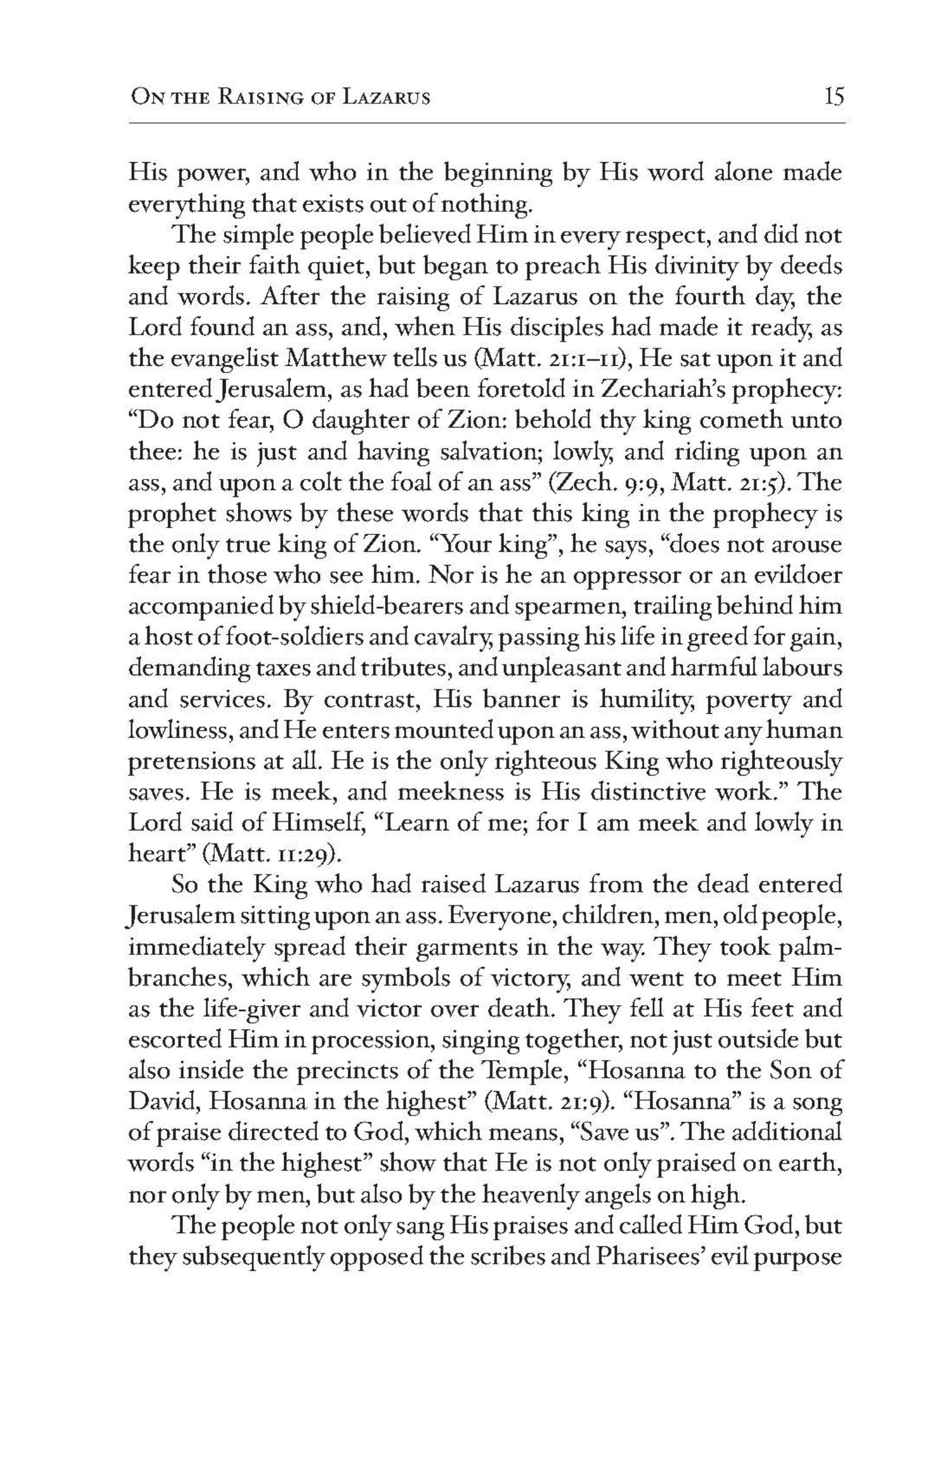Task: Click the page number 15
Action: (833, 98)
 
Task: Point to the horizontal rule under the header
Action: (486, 122)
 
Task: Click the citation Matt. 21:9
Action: (543, 1102)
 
